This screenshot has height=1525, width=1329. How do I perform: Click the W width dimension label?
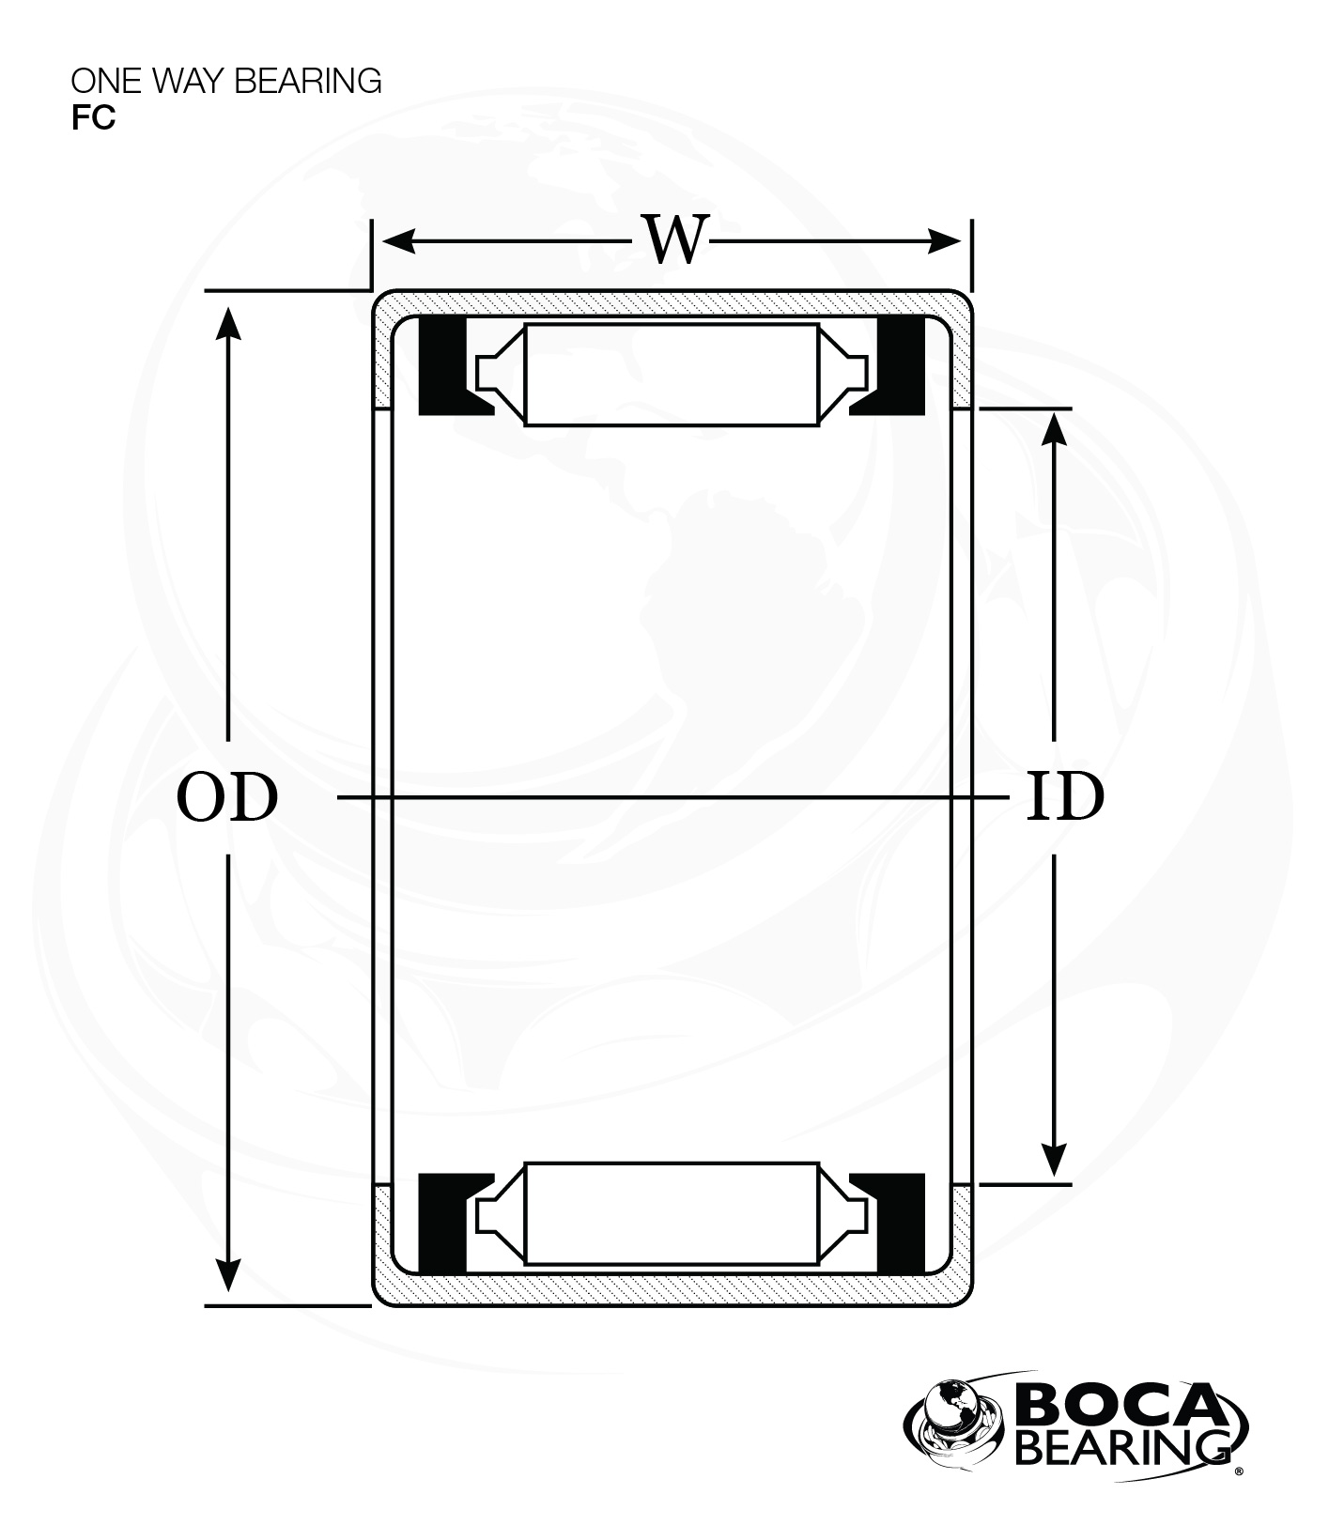coord(673,239)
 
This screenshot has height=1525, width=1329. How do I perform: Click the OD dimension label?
coord(227,797)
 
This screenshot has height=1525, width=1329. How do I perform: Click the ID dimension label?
coord(1064,797)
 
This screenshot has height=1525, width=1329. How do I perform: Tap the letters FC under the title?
coord(93,118)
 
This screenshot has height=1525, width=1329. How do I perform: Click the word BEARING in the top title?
coord(308,82)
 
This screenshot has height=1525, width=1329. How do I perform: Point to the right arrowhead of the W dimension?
coord(944,241)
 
